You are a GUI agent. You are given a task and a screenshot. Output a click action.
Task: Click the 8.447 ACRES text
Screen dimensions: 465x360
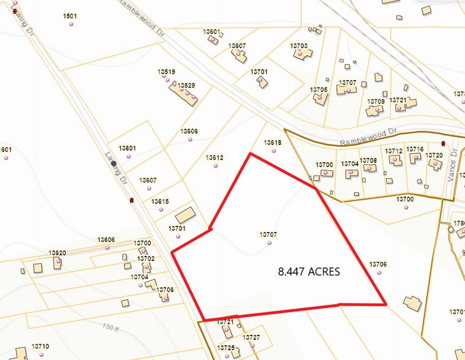pos(309,271)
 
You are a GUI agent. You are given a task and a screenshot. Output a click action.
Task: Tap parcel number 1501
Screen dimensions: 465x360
pos(70,16)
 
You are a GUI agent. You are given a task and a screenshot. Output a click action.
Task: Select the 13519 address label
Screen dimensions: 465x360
pos(166,72)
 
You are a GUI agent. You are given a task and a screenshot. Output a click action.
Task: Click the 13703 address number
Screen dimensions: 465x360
pos(298,46)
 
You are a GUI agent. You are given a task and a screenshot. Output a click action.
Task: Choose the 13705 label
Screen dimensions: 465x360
pos(319,89)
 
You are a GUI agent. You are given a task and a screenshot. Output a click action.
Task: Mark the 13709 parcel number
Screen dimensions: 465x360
pos(376,101)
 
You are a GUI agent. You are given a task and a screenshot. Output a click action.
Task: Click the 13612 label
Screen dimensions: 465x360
pos(214,157)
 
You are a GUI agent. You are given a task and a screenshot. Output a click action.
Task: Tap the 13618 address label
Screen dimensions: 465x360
pos(273,143)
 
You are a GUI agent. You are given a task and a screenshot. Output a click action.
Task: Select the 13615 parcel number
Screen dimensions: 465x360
pos(160,201)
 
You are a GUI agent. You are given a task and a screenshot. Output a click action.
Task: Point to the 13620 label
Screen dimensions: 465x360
pos(58,253)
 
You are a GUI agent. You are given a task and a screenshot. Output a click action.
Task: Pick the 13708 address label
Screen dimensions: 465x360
pos(369,160)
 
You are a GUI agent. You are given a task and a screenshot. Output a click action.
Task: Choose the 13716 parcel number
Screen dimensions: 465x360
pos(415,149)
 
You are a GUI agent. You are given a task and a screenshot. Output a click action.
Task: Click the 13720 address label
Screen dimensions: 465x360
pos(434,156)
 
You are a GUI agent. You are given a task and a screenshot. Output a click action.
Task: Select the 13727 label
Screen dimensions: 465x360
pos(251,337)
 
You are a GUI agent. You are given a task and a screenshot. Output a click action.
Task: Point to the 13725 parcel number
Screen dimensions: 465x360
pos(226,348)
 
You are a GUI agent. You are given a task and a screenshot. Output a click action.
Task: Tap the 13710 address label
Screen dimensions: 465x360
pos(40,347)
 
